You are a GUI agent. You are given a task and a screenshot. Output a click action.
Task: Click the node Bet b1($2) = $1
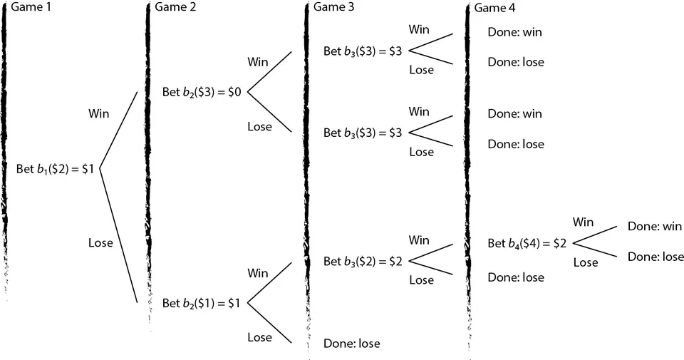[56, 169]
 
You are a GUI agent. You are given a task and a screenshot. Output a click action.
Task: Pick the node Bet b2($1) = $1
[202, 303]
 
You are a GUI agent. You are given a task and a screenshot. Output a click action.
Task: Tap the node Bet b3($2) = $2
[363, 262]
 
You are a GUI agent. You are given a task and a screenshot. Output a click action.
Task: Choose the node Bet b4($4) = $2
[527, 243]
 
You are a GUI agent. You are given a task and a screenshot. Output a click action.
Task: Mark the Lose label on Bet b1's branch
[100, 243]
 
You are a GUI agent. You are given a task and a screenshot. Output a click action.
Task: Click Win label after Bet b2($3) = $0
[258, 62]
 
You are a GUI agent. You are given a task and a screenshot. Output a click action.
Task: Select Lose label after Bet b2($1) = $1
[259, 337]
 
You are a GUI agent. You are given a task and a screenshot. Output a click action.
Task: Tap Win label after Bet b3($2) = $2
[420, 240]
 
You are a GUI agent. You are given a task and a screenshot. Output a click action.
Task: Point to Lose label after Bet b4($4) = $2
[586, 262]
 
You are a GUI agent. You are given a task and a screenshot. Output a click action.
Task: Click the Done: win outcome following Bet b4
[655, 227]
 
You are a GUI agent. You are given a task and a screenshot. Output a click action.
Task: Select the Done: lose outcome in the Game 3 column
[351, 344]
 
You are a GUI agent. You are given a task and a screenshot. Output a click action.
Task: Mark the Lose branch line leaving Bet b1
[118, 236]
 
